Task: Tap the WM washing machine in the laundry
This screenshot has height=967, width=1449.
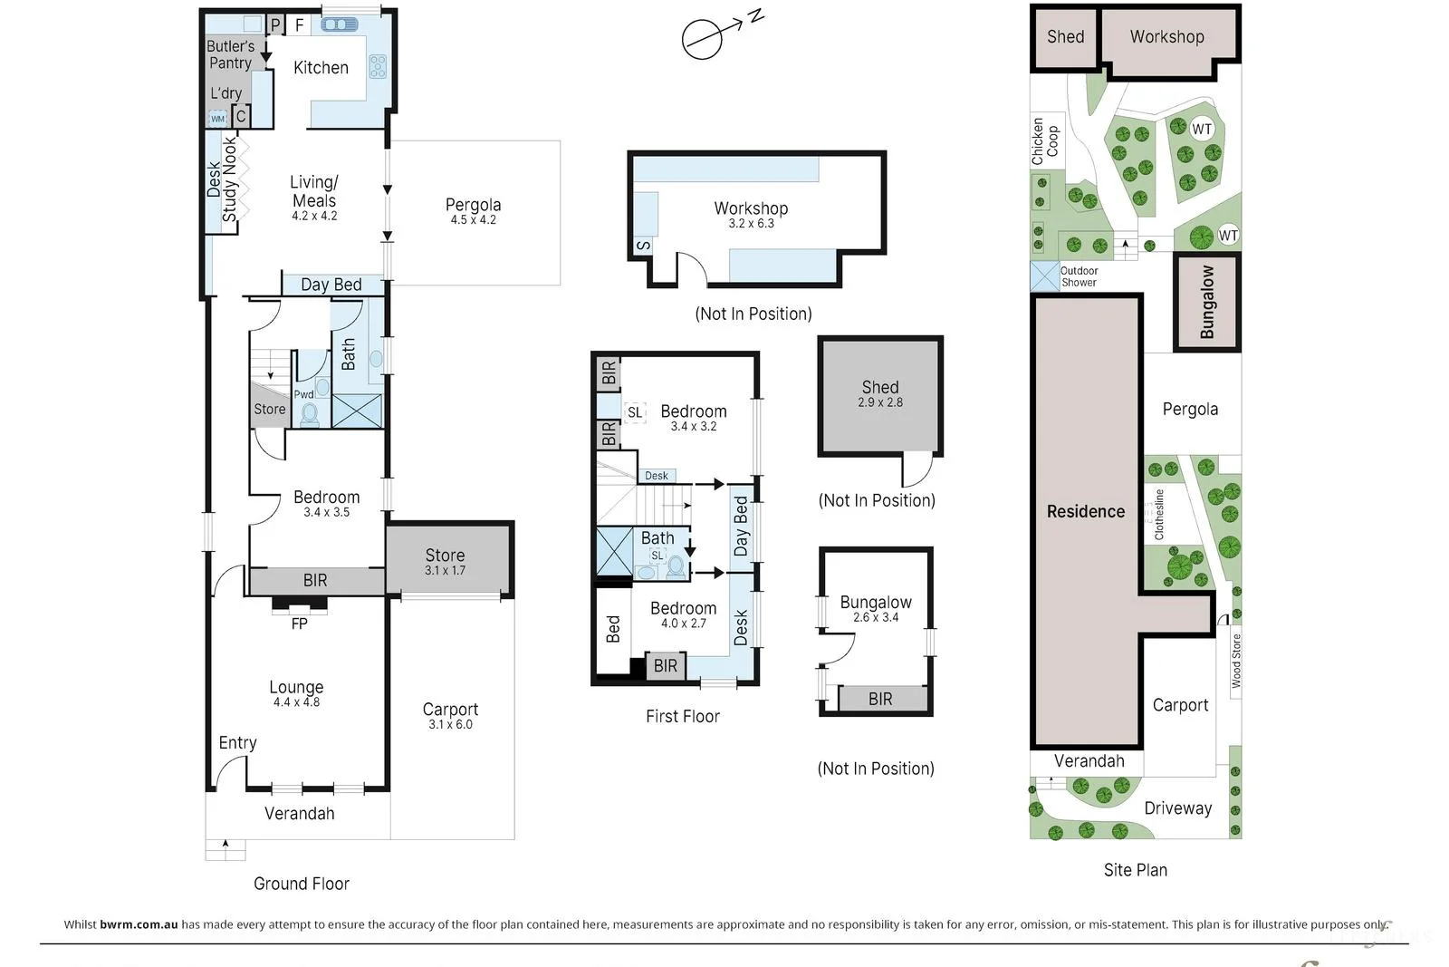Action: point(218,119)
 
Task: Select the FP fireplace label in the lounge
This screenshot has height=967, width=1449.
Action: point(299,624)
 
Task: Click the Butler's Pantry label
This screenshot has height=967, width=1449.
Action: point(231,54)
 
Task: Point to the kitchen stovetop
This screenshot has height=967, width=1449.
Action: point(378,67)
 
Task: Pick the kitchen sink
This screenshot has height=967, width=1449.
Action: point(340,24)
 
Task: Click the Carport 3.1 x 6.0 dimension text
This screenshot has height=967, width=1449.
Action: point(450,724)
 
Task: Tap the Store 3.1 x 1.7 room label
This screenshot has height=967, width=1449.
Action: point(445,562)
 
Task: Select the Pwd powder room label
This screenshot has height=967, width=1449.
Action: point(304,394)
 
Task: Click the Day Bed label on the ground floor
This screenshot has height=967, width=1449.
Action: point(331,285)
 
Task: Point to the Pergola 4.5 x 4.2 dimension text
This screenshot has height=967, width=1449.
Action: point(474,219)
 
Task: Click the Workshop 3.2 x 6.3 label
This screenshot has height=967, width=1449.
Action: point(751,215)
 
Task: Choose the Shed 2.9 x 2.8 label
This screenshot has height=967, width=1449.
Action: point(880,393)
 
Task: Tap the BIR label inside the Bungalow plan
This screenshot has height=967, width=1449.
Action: point(880,699)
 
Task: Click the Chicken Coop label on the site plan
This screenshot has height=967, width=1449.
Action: point(1045,141)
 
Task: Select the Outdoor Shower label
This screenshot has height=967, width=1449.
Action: point(1079,276)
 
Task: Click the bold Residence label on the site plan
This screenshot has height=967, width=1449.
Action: point(1086,511)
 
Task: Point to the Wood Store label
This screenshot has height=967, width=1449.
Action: point(1236,661)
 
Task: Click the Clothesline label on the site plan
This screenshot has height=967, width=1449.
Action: point(1159,515)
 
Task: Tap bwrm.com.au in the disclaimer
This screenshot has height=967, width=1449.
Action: point(139,924)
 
